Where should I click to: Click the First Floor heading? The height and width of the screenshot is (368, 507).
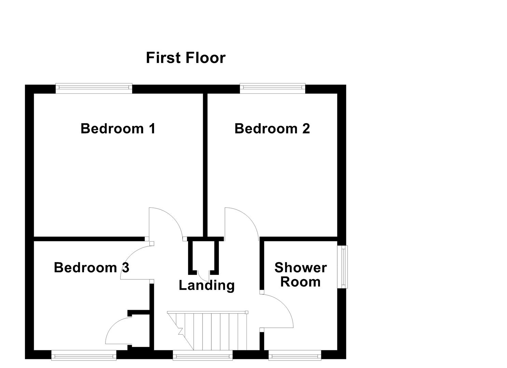(x=185, y=58)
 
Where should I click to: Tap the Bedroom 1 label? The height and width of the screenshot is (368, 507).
(x=118, y=129)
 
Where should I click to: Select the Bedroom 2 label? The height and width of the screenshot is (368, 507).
(x=272, y=129)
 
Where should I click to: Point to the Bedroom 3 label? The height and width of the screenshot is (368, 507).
(x=91, y=268)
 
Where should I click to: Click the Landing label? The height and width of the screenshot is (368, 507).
(x=207, y=285)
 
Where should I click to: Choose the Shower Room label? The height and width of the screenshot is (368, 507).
(x=300, y=275)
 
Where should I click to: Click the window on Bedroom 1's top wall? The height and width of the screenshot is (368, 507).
(x=94, y=89)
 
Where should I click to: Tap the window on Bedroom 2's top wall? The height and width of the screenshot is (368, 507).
(x=272, y=89)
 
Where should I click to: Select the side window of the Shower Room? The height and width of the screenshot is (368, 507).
(x=342, y=267)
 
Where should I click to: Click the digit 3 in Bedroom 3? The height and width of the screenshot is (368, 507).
(x=125, y=268)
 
